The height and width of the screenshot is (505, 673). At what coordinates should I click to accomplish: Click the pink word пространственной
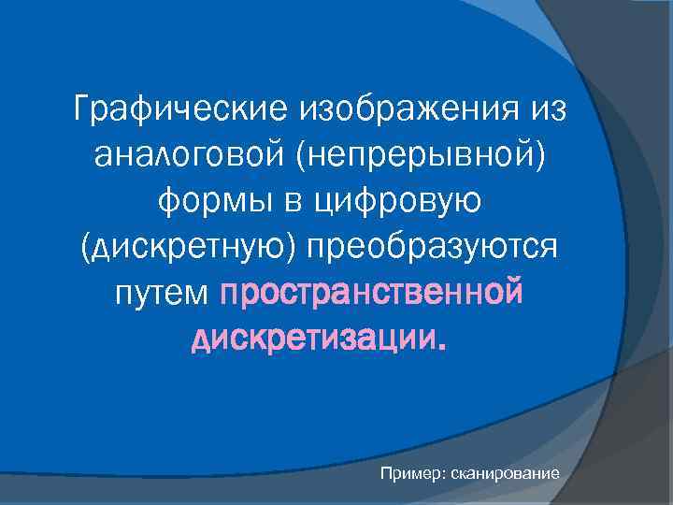[371, 294]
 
